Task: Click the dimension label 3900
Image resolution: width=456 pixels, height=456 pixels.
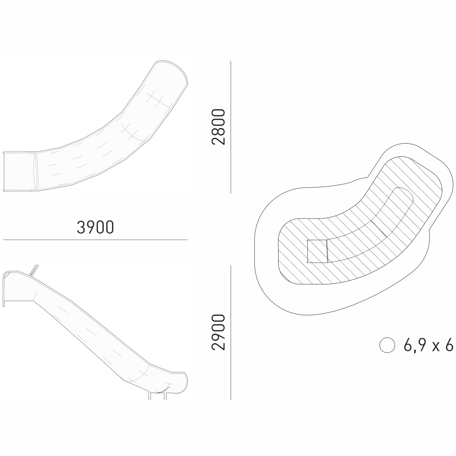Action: click(x=95, y=227)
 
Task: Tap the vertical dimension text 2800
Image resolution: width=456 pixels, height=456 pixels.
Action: click(x=218, y=127)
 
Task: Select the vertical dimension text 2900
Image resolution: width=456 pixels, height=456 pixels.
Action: click(x=218, y=332)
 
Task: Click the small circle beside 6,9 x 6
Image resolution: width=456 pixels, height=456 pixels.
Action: click(x=387, y=345)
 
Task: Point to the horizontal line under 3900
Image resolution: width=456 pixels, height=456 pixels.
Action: click(x=95, y=240)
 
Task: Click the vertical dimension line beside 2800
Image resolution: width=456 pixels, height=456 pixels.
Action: click(x=231, y=127)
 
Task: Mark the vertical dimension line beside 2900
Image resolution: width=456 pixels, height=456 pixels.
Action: click(x=231, y=332)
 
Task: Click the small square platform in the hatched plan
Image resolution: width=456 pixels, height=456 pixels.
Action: click(x=317, y=251)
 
